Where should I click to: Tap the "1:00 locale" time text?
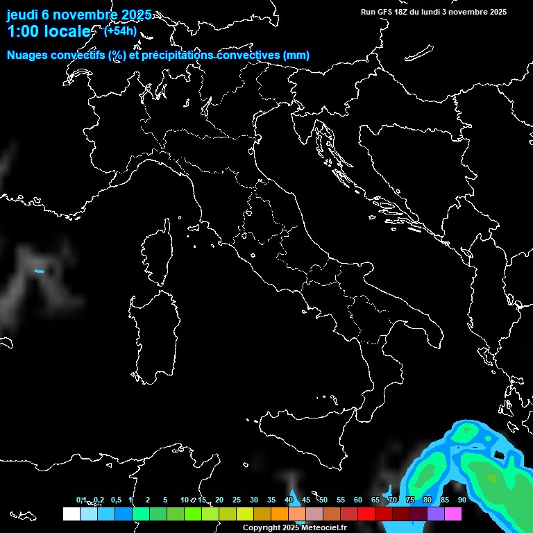(x=49, y=31)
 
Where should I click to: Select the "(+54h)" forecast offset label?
(x=120, y=31)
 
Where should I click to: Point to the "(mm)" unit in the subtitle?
(x=296, y=56)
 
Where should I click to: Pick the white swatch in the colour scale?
(x=71, y=514)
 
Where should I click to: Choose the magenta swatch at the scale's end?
(x=453, y=514)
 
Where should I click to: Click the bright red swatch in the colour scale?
(x=366, y=514)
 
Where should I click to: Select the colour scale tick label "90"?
(x=462, y=500)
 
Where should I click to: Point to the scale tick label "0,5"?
(x=116, y=500)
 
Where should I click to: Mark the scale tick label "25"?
(x=237, y=500)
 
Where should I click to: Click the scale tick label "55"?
(x=341, y=500)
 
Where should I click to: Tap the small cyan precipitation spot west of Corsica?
(x=39, y=271)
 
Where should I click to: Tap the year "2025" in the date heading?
(x=131, y=15)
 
